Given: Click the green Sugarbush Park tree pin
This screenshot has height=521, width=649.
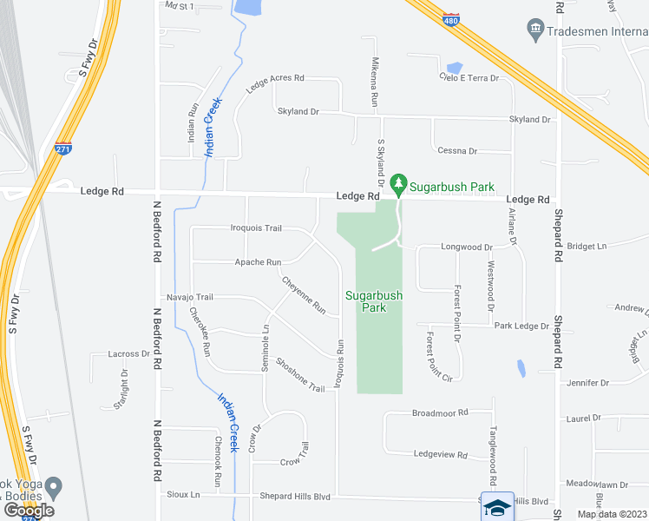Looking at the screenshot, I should tap(398, 183).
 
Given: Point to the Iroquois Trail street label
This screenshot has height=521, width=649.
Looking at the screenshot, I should tap(256, 228).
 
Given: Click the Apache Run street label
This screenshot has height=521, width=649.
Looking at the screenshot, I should tap(259, 262).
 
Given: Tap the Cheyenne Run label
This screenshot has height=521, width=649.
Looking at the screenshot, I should tap(304, 295).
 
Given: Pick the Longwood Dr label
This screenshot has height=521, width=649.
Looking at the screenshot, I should tap(468, 247).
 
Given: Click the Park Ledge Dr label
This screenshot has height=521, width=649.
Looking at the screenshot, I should tap(521, 326).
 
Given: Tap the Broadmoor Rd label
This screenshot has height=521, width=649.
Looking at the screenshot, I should tap(440, 412).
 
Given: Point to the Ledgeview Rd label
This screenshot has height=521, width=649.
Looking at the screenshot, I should tap(441, 455).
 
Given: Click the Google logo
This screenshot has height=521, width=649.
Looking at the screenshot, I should tap(29, 510).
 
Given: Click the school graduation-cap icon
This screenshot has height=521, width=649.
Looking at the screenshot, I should tap(497, 507).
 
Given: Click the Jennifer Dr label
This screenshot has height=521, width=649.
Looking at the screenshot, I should tap(587, 383).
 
